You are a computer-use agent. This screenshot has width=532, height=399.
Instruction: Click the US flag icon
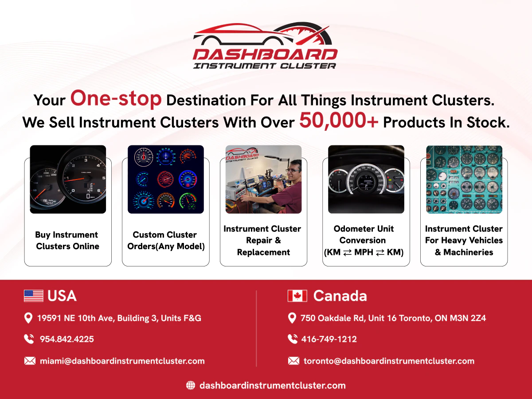pos(34,296)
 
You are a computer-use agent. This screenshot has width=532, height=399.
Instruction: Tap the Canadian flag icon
pos(297,296)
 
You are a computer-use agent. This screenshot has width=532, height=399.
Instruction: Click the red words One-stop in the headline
pos(116,98)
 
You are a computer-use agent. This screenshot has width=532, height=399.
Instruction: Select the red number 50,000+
pos(339,121)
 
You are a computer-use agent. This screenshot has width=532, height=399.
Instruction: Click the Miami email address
pos(122,361)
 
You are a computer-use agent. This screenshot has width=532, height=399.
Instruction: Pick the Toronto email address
pos(389,361)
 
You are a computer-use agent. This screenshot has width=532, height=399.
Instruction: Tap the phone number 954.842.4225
pos(66,339)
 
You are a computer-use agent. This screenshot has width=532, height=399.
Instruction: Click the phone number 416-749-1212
pos(329,339)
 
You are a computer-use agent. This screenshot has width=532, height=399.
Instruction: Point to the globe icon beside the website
pos(191,385)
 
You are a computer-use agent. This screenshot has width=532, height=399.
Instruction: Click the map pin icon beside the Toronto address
pos(292,318)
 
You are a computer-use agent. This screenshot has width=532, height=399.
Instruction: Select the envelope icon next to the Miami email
pos(30,361)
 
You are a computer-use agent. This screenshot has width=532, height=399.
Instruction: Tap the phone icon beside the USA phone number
pos(29,339)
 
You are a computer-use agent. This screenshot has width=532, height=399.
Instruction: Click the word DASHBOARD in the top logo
pos(265,55)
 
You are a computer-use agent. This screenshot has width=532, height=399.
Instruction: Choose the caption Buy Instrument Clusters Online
pos(67,240)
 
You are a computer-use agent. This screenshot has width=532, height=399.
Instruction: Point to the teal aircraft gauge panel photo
pos(464,179)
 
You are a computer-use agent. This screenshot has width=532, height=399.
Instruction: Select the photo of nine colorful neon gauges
pos(166,179)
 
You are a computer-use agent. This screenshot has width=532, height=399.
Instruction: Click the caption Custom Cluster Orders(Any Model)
pos(166,240)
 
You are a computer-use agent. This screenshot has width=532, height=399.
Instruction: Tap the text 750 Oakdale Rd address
pos(393,318)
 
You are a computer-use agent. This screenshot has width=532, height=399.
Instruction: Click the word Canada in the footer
pos(340,296)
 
